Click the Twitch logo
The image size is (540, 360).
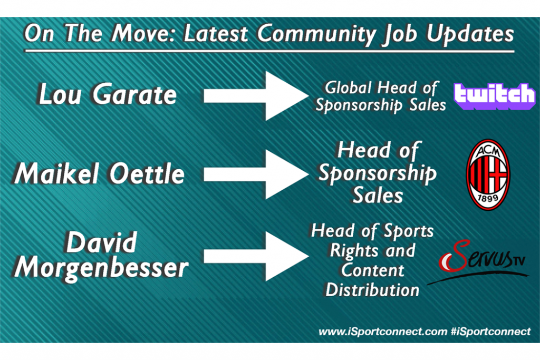[495, 96]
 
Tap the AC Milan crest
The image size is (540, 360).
[488, 174]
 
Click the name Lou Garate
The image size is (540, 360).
[108, 94]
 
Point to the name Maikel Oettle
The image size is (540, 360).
[99, 173]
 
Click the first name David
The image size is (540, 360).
[101, 242]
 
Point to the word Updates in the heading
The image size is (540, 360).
[470, 34]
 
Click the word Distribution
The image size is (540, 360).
[373, 290]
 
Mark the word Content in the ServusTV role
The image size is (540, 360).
[373, 270]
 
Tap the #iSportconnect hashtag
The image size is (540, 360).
[491, 332]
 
